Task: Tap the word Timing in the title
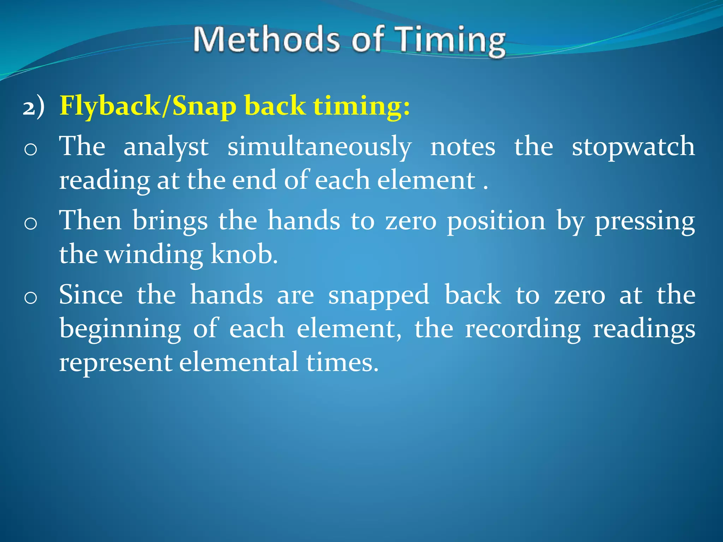tap(450, 41)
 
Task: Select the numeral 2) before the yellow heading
tap(34, 107)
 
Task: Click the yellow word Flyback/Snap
tap(148, 106)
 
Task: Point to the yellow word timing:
tap(362, 106)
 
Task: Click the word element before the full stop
tap(426, 180)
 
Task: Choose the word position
tap(496, 222)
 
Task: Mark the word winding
tap(154, 255)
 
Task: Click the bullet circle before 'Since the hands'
tap(31, 298)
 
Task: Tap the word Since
tap(91, 295)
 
